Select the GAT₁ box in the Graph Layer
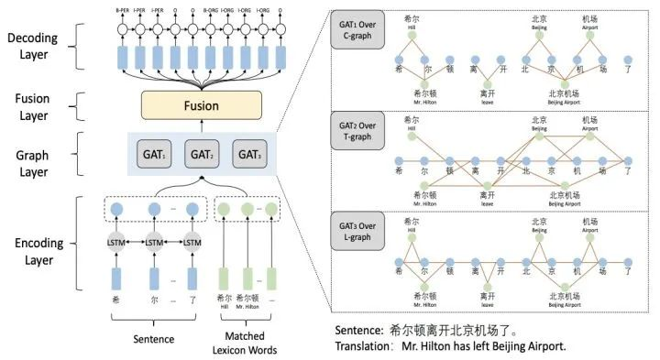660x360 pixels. pyautogui.click(x=155, y=153)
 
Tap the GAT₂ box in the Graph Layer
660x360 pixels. pyautogui.click(x=203, y=153)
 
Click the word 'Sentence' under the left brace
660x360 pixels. pyautogui.click(x=155, y=338)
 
